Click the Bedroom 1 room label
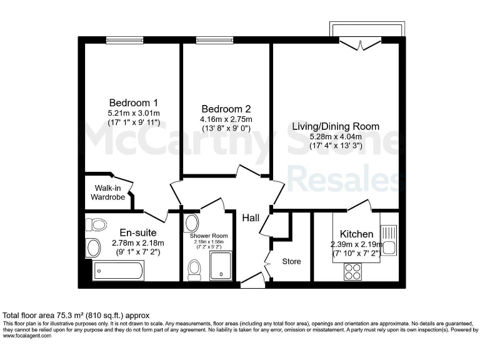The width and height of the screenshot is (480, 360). pyautogui.click(x=133, y=102)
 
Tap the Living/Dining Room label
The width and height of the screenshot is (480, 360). pyautogui.click(x=336, y=126)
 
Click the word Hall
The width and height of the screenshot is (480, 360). pyautogui.click(x=251, y=217)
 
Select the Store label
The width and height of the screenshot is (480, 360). pyautogui.click(x=291, y=261)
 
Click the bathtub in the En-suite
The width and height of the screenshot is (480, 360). pyautogui.click(x=118, y=271)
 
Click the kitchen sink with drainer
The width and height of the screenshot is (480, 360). pyautogui.click(x=388, y=239)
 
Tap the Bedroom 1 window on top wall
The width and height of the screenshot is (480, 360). pyautogui.click(x=119, y=41)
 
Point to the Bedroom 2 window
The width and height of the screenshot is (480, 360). pyautogui.click(x=209, y=41)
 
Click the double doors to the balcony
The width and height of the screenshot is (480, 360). pyautogui.click(x=361, y=43)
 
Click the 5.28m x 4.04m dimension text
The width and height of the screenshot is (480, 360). pyautogui.click(x=336, y=136)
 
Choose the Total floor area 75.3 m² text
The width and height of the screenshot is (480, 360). pyautogui.click(x=76, y=316)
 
